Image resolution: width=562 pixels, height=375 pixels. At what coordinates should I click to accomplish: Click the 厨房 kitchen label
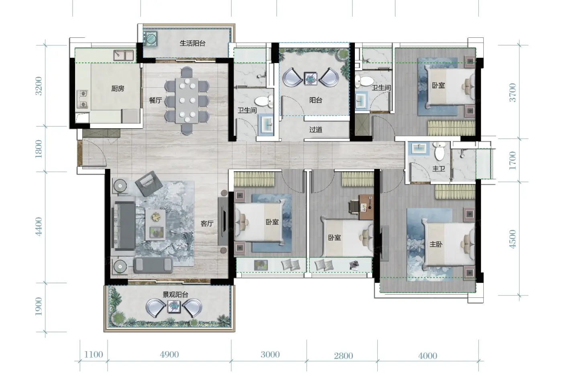[x=118, y=88]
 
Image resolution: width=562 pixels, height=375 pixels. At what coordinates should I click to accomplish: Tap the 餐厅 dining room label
[x=155, y=100]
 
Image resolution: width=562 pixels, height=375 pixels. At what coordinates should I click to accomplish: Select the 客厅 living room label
[x=207, y=223]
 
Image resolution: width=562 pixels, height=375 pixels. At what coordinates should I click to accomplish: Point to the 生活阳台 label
[x=192, y=43]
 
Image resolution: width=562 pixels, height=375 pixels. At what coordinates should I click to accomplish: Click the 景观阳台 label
[x=175, y=294]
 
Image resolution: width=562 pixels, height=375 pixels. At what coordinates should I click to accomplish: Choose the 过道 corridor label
[x=316, y=129]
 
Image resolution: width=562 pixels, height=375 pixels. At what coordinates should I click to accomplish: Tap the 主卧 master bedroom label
[x=436, y=244]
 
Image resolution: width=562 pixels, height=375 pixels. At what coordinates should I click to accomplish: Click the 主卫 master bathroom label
[x=439, y=168]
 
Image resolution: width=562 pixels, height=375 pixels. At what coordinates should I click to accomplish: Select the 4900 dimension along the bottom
[x=169, y=355]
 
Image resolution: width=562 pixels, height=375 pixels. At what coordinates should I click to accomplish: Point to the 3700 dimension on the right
[x=513, y=92]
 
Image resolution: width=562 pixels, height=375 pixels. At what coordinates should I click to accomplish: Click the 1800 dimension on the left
[x=39, y=149]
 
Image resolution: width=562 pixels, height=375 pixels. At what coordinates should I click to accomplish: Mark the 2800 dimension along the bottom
[x=344, y=356]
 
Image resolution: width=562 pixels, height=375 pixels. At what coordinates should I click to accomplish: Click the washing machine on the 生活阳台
[x=151, y=39]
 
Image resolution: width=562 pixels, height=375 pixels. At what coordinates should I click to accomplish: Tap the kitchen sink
[x=124, y=55]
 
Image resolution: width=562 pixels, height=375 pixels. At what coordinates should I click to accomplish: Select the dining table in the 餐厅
[x=187, y=100]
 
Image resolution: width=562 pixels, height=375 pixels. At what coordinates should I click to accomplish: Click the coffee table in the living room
[x=156, y=225]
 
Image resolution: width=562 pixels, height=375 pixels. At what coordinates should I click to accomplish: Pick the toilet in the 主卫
[x=440, y=151]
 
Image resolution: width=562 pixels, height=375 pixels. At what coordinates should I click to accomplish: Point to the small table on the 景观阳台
[x=174, y=306]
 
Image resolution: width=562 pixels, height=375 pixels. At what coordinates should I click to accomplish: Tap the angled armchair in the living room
[x=149, y=183]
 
